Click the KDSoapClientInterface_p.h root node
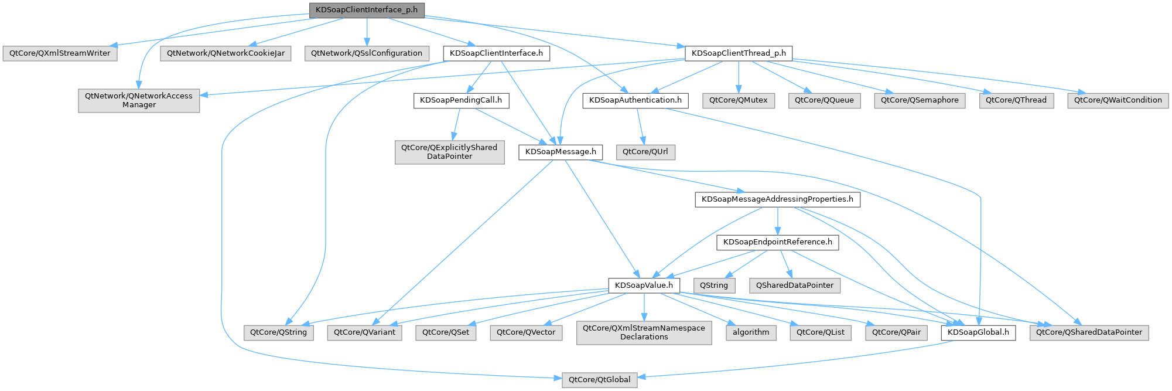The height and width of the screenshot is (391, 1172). pos(367,10)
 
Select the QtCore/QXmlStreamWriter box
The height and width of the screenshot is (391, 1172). pos(60,53)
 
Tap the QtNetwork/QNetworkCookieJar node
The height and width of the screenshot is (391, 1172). pos(225,53)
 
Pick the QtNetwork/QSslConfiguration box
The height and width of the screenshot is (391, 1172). pos(366,53)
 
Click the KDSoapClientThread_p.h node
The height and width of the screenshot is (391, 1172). pos(739,53)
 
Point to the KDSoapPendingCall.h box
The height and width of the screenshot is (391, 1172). pos(461,100)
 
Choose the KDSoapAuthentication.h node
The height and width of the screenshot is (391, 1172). pos(635,100)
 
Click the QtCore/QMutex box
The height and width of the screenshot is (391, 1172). pos(738,100)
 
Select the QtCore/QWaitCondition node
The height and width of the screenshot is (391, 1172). pos(1118,100)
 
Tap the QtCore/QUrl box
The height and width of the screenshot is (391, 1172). pos(645,152)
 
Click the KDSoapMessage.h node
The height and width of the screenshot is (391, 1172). pos(561,152)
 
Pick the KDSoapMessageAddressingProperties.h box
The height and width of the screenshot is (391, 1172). pos(777,199)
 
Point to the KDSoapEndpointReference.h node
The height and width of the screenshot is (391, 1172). pos(777,242)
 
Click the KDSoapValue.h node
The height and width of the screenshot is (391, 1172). pos(644,285)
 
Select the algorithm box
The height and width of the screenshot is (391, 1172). pos(751,332)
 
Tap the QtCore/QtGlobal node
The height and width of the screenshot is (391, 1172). pos(599,380)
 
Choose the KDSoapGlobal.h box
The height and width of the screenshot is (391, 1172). pos(978,332)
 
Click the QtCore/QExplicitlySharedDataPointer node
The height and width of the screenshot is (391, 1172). pos(449,152)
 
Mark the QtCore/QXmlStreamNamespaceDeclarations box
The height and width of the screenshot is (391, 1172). pos(644,332)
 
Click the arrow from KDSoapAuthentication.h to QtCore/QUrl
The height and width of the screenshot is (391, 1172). pos(640,126)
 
